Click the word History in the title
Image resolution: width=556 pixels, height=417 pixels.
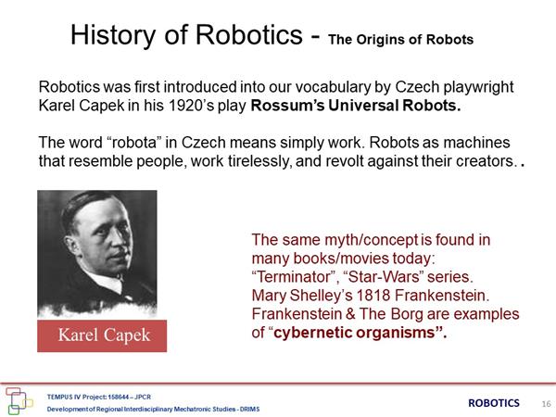point(113,35)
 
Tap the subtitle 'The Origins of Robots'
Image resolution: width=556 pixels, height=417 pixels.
point(400,39)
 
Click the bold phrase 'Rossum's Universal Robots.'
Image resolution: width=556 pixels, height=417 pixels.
point(356,106)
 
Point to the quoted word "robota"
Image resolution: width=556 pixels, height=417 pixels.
point(134,143)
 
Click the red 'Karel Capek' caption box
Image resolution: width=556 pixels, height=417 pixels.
point(102,335)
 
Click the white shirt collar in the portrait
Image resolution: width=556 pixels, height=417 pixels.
point(107,280)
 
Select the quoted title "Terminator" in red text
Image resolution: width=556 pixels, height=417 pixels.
point(296,277)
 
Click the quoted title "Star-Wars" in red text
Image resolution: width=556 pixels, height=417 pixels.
point(384,277)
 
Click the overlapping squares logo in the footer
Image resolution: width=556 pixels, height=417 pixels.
point(19,400)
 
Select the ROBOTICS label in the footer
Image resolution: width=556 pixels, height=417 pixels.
point(494,403)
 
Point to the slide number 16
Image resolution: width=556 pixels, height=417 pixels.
point(546,404)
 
